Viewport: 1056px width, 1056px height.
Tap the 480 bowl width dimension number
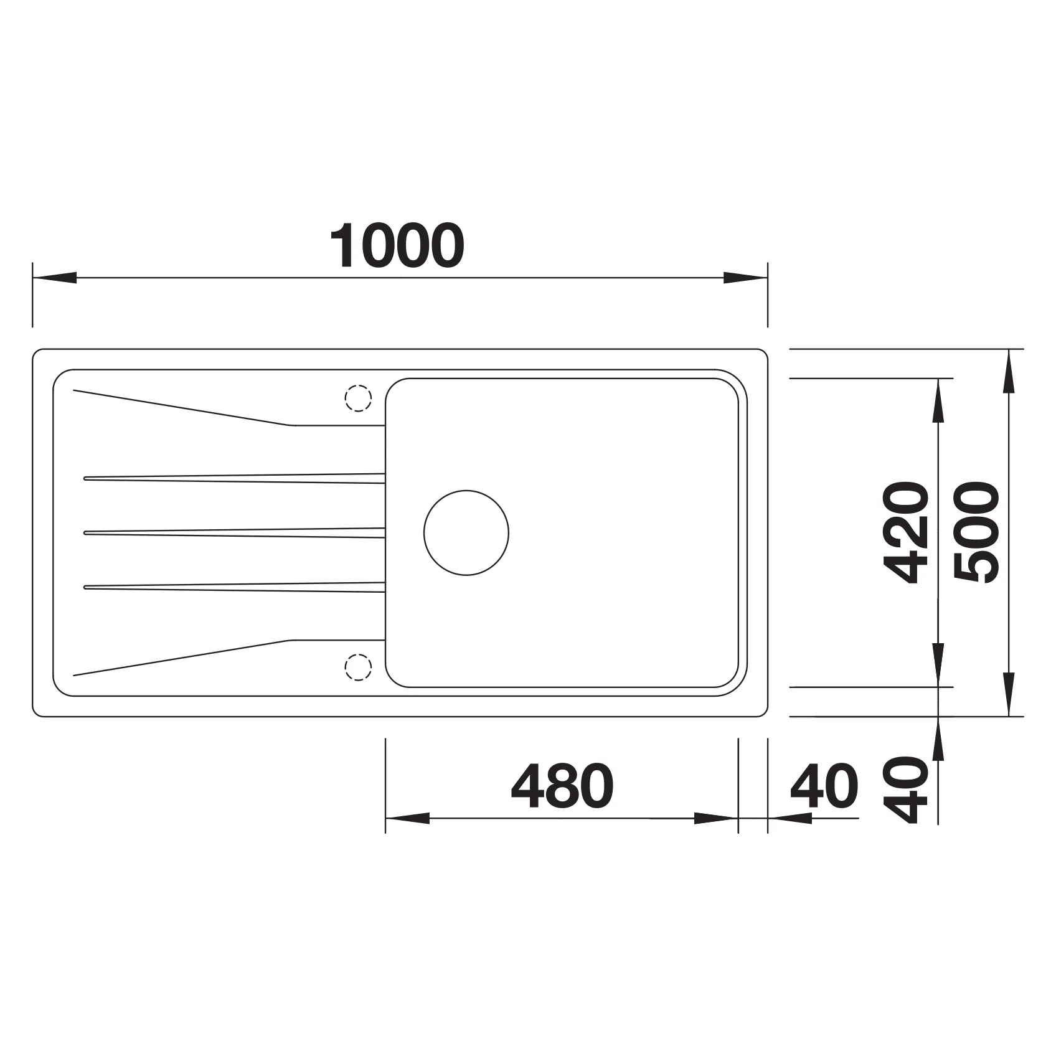562,785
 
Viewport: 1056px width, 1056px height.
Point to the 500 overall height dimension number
976,532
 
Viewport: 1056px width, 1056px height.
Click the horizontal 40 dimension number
824,785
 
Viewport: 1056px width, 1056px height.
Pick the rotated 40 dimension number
906,790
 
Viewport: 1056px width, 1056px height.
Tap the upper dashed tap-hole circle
358,398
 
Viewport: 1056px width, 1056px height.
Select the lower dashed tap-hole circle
358,667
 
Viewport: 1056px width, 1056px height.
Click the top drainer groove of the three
234,478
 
